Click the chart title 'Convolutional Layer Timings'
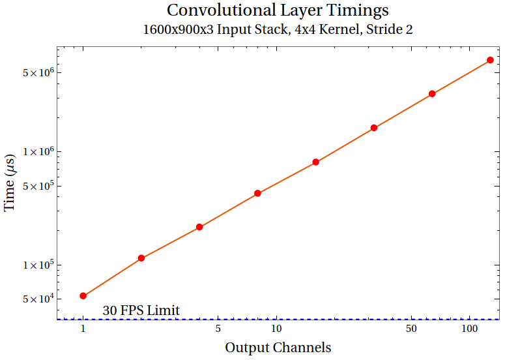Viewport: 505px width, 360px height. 278,10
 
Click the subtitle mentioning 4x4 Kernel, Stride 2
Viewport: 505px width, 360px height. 278,30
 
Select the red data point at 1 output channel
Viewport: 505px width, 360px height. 83,296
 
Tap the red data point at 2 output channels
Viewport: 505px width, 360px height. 141,258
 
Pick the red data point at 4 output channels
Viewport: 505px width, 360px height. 199,227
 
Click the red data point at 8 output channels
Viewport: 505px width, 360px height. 257,193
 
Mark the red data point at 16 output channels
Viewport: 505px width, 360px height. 315,162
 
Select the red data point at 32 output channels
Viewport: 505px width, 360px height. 374,128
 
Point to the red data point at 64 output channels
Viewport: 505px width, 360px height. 432,94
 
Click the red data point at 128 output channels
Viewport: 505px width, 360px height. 490,61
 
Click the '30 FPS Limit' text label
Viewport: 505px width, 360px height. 141,310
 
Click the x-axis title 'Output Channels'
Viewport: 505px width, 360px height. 278,348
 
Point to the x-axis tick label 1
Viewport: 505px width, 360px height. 83,329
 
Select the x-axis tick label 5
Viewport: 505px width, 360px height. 218,329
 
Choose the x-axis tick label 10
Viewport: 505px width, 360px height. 276,329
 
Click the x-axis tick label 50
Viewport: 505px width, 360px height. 411,329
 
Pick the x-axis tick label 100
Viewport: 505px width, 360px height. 469,329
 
